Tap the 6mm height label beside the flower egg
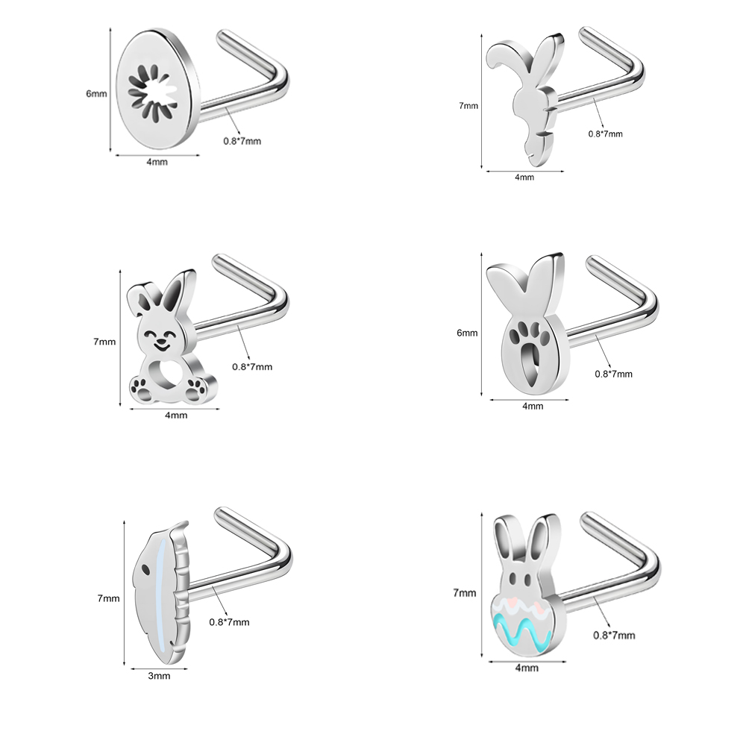click(96, 94)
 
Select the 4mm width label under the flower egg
click(157, 162)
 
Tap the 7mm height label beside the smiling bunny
click(104, 342)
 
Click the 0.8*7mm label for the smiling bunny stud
click(252, 367)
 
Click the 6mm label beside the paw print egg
click(467, 333)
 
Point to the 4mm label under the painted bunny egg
click(527, 668)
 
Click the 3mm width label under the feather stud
click(159, 676)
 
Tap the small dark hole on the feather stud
click(145, 568)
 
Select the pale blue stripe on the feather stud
click(163, 595)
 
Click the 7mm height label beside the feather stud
click(108, 598)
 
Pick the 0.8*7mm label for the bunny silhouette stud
click(605, 134)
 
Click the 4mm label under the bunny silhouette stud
click(524, 178)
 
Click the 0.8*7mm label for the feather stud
click(229, 622)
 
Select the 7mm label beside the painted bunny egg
click(464, 593)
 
